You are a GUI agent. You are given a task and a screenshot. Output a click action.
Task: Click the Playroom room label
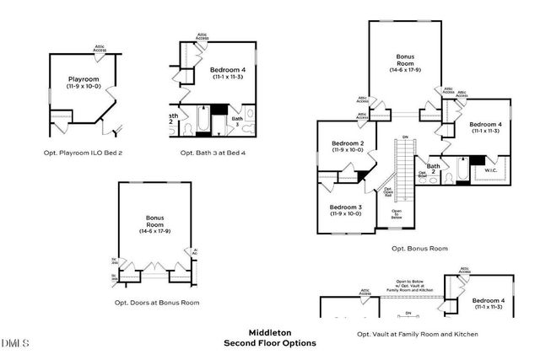[84, 78]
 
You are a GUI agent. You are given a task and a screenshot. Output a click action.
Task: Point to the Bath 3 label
[238, 121]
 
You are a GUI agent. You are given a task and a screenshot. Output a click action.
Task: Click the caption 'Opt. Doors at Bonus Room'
[157, 302]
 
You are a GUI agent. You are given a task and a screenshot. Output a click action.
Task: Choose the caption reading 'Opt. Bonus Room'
[419, 249]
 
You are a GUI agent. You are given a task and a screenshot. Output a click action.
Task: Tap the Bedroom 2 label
[347, 143]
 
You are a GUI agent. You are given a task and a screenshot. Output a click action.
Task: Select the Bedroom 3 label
[345, 207]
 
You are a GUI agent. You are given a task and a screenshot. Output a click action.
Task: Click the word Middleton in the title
[269, 332]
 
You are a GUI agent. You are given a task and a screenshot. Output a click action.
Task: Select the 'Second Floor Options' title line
[269, 343]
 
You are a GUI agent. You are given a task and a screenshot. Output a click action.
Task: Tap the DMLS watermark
[15, 344]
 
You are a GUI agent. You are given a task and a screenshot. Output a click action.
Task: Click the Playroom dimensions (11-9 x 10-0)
[84, 85]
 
